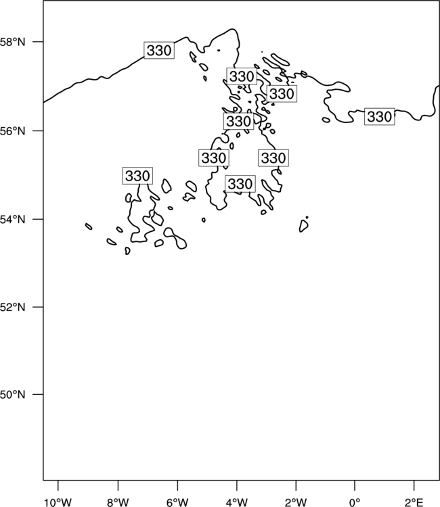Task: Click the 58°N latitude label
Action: [x=12, y=42]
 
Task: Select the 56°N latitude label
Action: [x=12, y=131]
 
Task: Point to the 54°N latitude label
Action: [x=12, y=220]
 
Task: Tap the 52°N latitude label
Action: [x=12, y=307]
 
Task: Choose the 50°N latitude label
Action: [x=12, y=395]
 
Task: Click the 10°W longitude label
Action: [x=58, y=502]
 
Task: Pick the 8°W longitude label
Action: [x=118, y=502]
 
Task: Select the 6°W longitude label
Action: [x=177, y=502]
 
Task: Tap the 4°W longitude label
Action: [x=237, y=502]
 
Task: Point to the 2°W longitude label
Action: [x=296, y=502]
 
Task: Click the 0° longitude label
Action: [x=355, y=502]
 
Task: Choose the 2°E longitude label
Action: [x=414, y=502]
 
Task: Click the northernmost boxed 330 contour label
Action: [x=159, y=51]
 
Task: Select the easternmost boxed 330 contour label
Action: [x=380, y=117]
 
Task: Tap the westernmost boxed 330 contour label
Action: [x=137, y=176]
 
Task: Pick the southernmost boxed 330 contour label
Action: [x=240, y=184]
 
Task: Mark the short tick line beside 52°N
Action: [x=38, y=307]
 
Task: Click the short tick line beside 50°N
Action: [x=38, y=395]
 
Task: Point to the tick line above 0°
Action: [x=355, y=485]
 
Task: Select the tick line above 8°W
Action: [x=118, y=485]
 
